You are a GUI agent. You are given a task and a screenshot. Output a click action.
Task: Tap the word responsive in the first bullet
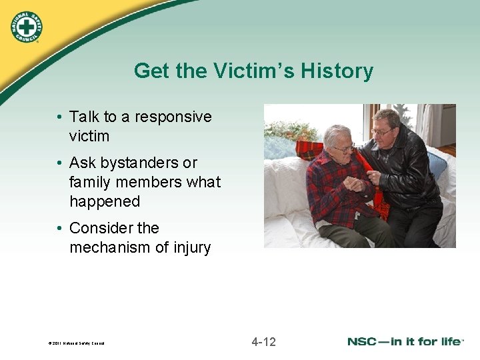coord(173,117)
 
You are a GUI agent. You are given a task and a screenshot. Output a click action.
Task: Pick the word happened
coord(105,201)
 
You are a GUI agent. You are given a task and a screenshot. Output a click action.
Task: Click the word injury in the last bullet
coord(189,247)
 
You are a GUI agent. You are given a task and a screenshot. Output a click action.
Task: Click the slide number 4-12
coord(263,342)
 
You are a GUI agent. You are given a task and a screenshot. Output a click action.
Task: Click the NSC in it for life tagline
coord(405,342)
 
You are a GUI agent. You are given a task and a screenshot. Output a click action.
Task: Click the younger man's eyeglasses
coord(381,132)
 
